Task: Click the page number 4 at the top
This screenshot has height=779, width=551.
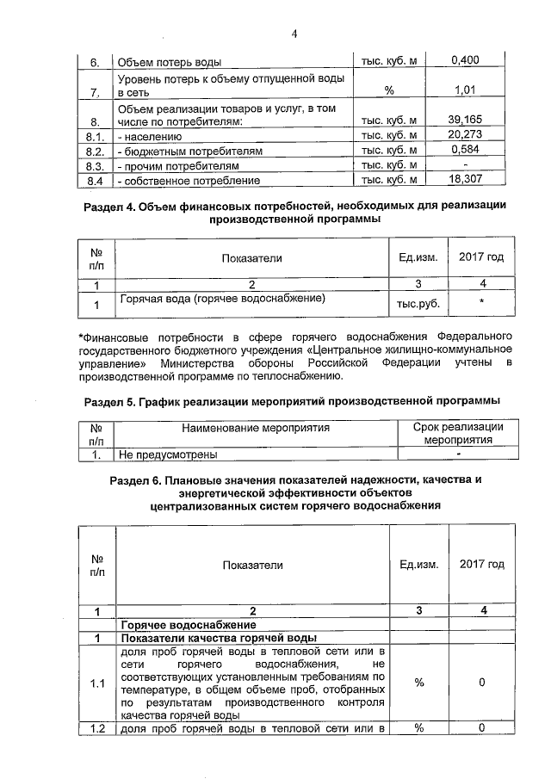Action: point(294,34)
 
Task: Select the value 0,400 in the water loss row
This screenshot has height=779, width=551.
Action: point(465,60)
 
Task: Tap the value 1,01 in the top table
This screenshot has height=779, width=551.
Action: point(465,89)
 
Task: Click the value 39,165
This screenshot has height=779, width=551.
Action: point(465,121)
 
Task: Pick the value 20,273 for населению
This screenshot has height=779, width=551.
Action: point(465,135)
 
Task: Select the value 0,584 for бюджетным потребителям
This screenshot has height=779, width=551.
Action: point(465,151)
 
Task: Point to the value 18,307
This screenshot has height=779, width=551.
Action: point(465,179)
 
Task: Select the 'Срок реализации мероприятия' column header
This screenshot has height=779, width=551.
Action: point(459,433)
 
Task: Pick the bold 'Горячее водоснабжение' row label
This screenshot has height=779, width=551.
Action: point(189,624)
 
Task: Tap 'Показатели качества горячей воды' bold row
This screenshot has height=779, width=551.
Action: point(219,638)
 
